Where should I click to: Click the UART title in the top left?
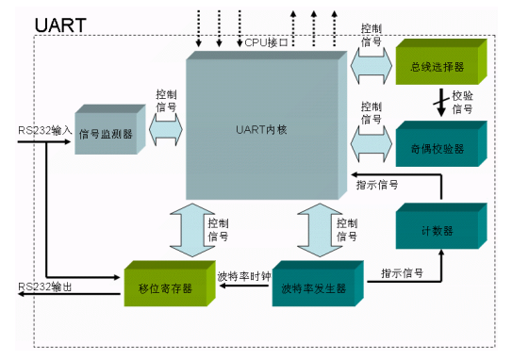tap(60, 24)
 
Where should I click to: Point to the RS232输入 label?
tap(44, 129)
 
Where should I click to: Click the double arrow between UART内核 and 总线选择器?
tap(371, 67)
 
